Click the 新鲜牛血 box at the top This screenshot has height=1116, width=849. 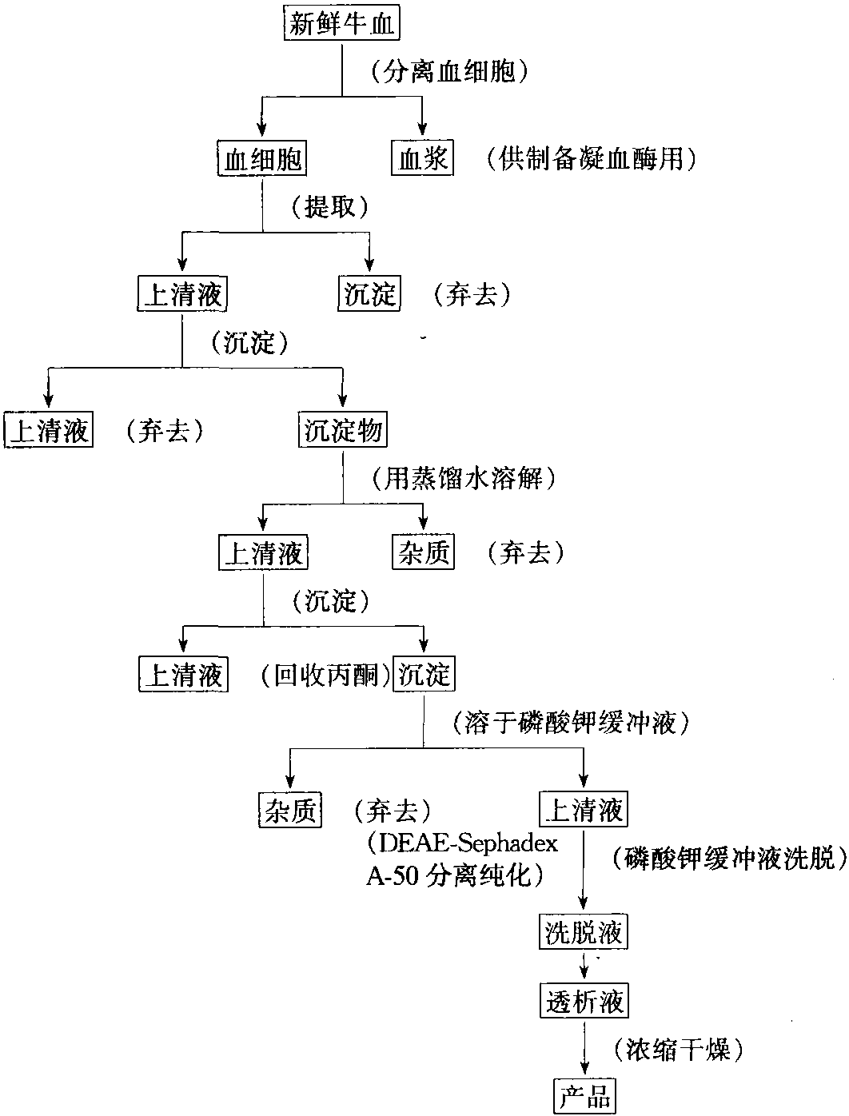341,22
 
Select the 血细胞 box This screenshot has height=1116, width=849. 262,158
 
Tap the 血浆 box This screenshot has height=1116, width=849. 422,158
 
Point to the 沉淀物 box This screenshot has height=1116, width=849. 343,429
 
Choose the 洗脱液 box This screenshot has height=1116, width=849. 584,931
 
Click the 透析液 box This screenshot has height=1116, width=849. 584,1000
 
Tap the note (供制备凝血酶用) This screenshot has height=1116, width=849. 592,158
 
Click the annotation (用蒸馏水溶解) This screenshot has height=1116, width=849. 464,478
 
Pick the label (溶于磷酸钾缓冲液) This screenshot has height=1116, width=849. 571,722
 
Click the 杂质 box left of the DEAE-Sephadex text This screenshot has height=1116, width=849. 290,809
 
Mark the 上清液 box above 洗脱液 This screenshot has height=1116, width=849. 584,809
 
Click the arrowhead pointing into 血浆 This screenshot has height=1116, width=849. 422,130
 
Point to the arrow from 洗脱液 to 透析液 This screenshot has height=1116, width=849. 584,966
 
